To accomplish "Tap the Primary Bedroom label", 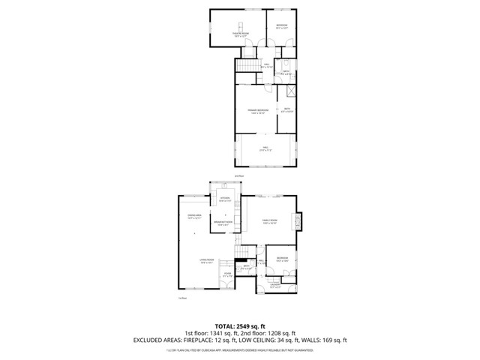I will (x=258, y=112).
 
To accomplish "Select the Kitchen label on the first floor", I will (x=224, y=199).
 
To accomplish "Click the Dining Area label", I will (x=193, y=217).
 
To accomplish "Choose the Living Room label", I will (x=208, y=261).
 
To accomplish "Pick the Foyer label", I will (x=228, y=275).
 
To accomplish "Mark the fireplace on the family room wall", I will (x=301, y=221).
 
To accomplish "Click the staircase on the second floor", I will (x=246, y=67).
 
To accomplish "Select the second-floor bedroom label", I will (x=281, y=27).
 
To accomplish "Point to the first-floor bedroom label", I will (x=282, y=259).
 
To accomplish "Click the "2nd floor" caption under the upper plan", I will (x=239, y=175).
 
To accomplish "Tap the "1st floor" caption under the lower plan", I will (x=182, y=298).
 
